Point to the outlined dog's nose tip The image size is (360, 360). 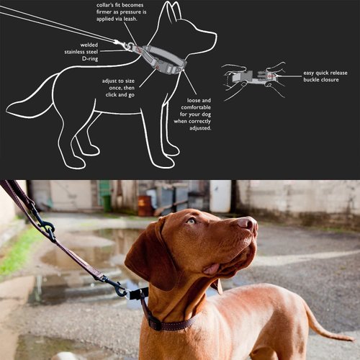pyautogui.click(x=214, y=33)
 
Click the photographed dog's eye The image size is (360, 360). pyautogui.click(x=191, y=221)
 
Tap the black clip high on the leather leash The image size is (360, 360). pyautogui.click(x=46, y=230)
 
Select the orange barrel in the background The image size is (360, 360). pyautogui.click(x=145, y=205)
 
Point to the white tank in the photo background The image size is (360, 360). pyautogui.click(x=220, y=195)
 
